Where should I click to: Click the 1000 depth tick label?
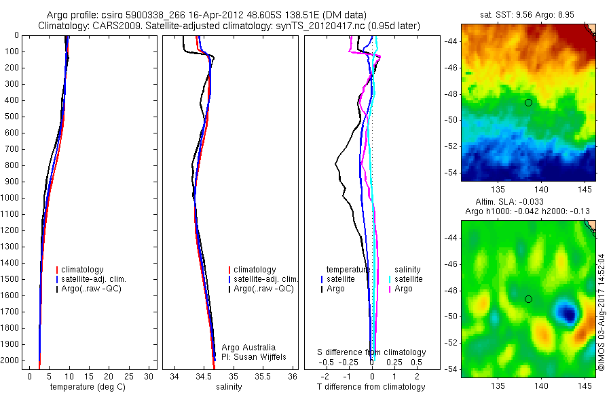pyautogui.click(x=11, y=198)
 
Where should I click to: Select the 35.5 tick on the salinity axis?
pyautogui.click(x=263, y=375)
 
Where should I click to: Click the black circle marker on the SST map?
pyautogui.click(x=528, y=102)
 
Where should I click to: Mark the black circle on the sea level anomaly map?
pyautogui.click(x=528, y=299)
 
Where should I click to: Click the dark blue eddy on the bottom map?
pyautogui.click(x=567, y=312)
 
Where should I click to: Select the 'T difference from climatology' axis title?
pyautogui.click(x=371, y=387)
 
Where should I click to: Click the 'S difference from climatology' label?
pyautogui.click(x=371, y=352)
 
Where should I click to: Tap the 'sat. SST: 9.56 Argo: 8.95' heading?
pyautogui.click(x=528, y=14)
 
